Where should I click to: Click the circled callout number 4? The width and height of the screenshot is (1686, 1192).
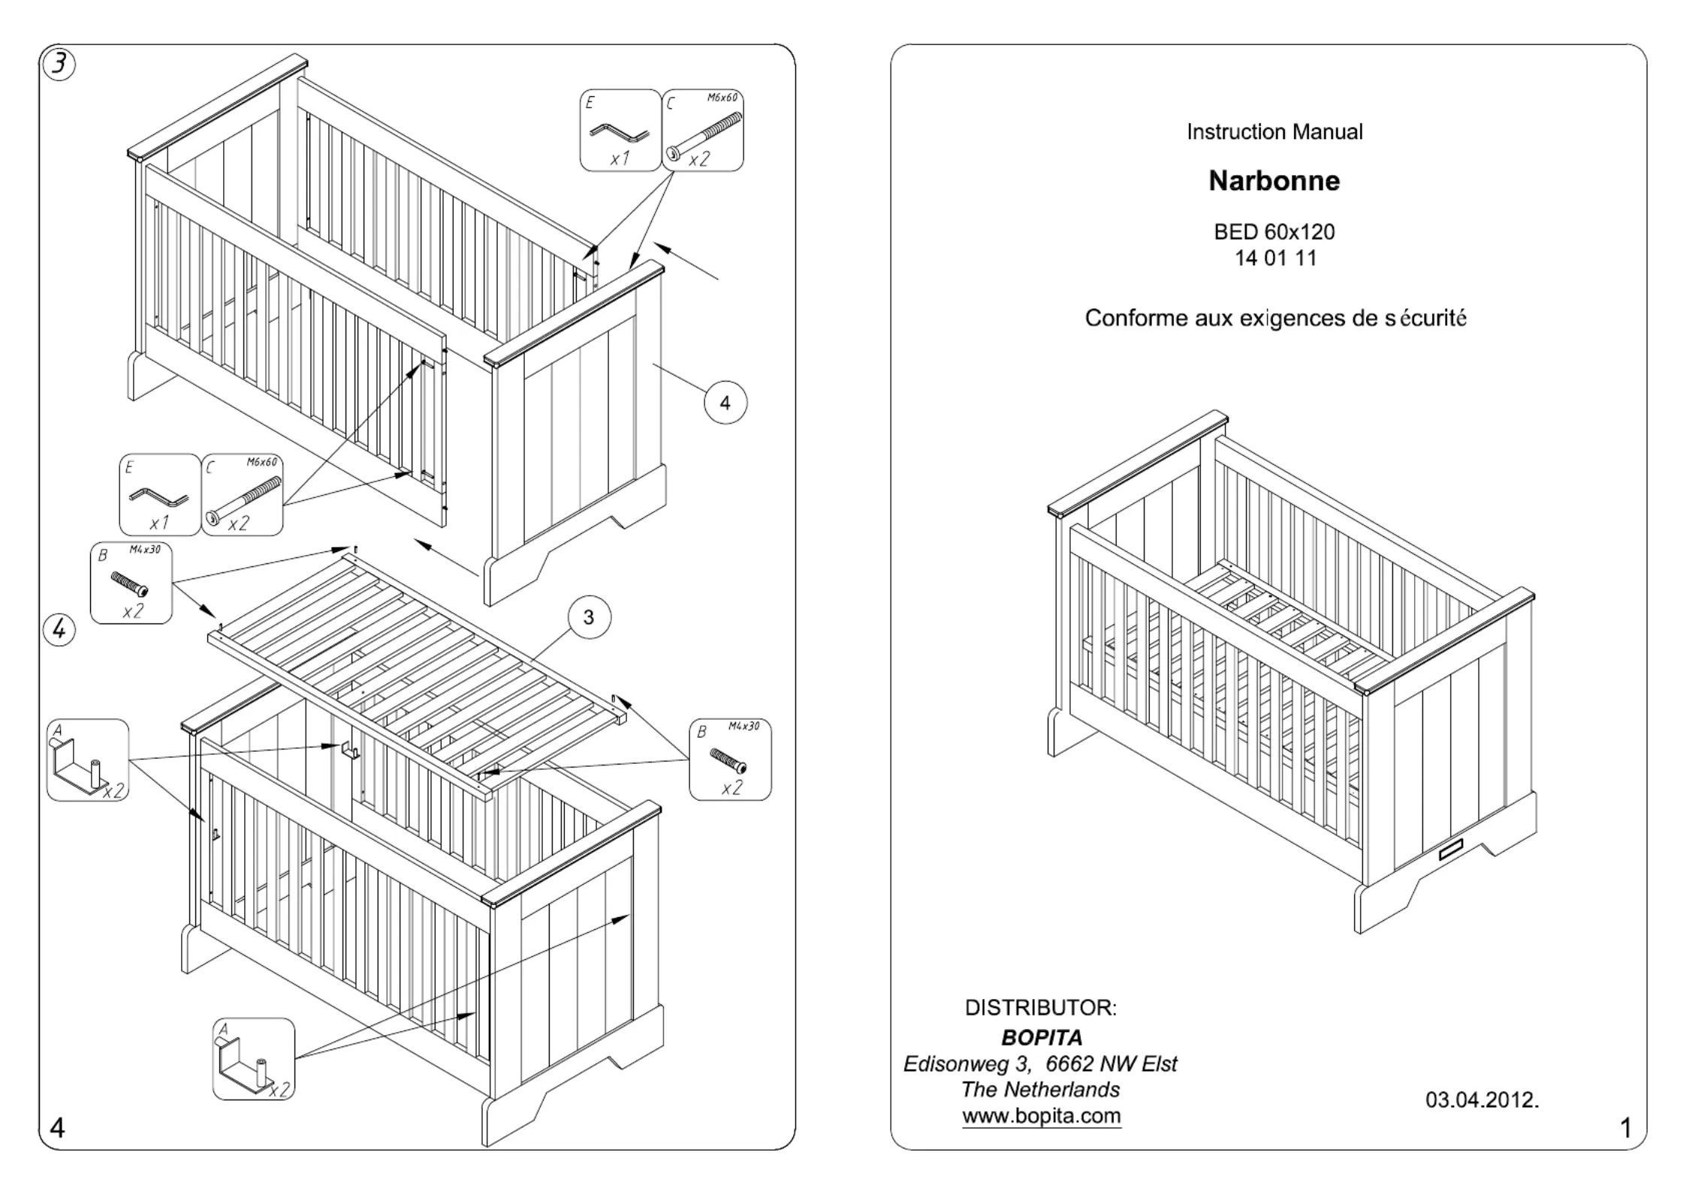[725, 403]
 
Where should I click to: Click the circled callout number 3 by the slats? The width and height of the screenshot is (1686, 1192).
[588, 617]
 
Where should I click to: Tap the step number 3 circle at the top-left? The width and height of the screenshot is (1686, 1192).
[59, 65]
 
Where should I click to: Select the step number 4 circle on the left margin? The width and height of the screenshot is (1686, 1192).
[59, 629]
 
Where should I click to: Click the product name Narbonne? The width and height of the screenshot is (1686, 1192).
[1274, 181]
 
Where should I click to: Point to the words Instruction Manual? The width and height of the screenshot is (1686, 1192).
[1274, 132]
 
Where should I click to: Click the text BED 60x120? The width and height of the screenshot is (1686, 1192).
[1274, 231]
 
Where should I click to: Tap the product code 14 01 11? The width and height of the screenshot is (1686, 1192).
[1275, 258]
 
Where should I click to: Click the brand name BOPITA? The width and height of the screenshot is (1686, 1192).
[1042, 1037]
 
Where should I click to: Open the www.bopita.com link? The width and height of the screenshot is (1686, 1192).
[1041, 1115]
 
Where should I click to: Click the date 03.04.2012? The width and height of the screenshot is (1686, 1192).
[1482, 1100]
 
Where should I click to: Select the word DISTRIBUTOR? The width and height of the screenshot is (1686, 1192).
[1040, 1007]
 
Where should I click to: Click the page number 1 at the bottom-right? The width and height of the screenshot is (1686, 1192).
[1626, 1128]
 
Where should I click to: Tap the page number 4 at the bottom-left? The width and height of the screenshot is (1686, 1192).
[57, 1127]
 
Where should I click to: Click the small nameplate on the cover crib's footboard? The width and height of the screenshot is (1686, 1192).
[1451, 850]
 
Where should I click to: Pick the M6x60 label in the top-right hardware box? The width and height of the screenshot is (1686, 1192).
[722, 98]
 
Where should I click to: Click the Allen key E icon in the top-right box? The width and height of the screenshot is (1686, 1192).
[620, 132]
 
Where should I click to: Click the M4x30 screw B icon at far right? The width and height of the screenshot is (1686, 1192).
[728, 760]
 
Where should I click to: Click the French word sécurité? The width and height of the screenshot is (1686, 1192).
[1425, 318]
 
